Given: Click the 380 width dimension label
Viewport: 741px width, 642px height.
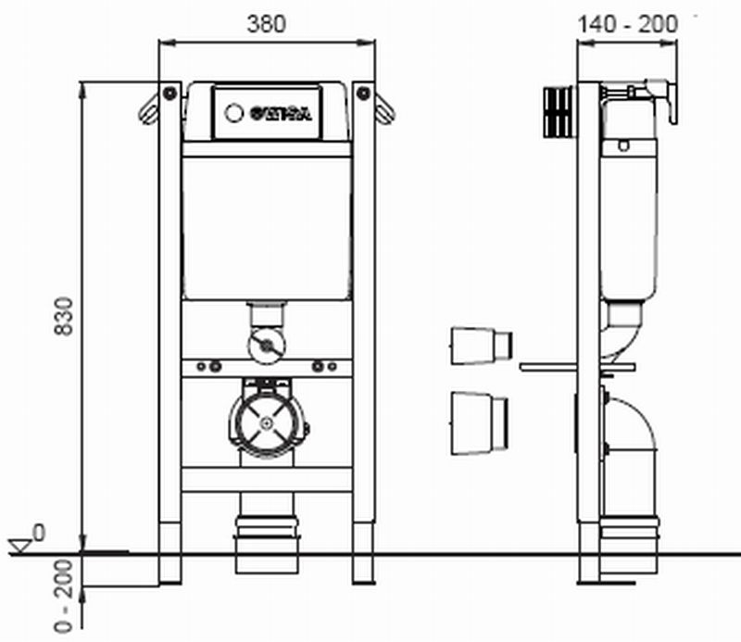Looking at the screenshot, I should point(266,23).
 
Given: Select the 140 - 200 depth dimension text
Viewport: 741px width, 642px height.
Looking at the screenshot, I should point(626,23).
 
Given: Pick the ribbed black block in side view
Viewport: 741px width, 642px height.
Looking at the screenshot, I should point(556,112).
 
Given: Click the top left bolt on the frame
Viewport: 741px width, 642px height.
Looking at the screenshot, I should point(170,94).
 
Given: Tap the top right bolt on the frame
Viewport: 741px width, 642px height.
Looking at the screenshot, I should point(363,94).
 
